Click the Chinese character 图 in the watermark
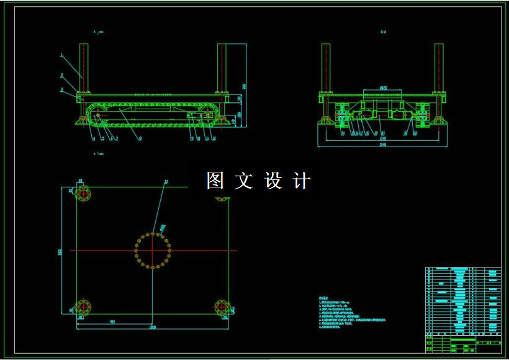tap(215, 181)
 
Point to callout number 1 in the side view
tap(61, 55)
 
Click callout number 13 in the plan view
tap(165, 182)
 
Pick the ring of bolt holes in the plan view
tap(153, 251)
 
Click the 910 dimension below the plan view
tap(112, 322)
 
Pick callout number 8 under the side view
tap(140, 138)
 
